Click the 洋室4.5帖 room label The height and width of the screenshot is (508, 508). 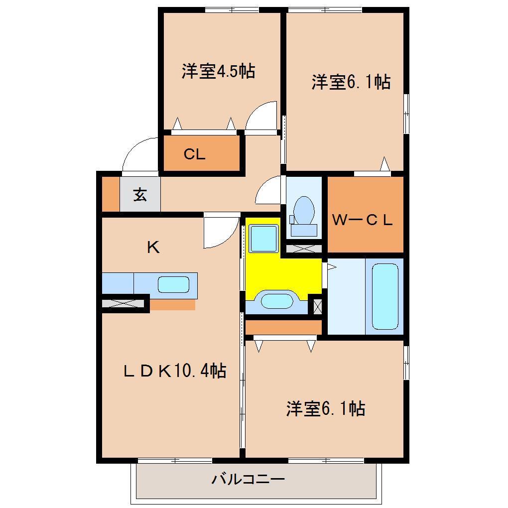pyautogui.click(x=218, y=71)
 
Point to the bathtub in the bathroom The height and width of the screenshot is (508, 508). pyautogui.click(x=385, y=296)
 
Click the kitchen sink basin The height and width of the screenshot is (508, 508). pyautogui.click(x=173, y=285)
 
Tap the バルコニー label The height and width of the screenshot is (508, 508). pyautogui.click(x=248, y=480)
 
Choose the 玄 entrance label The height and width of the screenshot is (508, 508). pyautogui.click(x=140, y=195)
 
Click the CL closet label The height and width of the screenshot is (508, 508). pyautogui.click(x=194, y=154)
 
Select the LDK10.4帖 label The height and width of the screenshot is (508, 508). pyautogui.click(x=175, y=371)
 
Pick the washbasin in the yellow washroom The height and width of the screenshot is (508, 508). pyautogui.click(x=276, y=301)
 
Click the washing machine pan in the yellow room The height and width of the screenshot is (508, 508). pyautogui.click(x=263, y=239)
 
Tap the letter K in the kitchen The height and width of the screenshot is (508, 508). pyautogui.click(x=153, y=248)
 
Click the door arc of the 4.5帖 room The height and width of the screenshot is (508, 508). pyautogui.click(x=262, y=116)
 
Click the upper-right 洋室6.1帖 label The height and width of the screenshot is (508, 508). pyautogui.click(x=351, y=82)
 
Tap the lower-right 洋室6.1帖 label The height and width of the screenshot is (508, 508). pyautogui.click(x=325, y=409)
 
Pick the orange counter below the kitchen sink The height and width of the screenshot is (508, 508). pyautogui.click(x=172, y=304)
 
